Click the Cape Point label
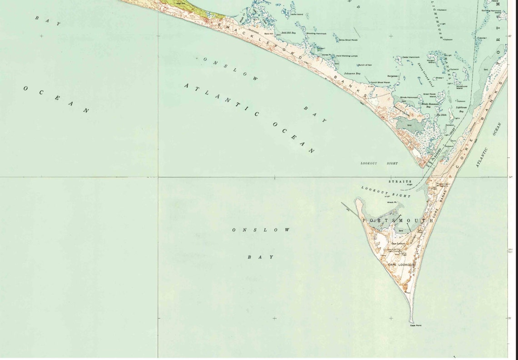click(415, 325)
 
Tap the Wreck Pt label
click(392, 202)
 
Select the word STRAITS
click(400, 181)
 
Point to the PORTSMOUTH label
click(398, 220)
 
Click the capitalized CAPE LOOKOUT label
click(401, 264)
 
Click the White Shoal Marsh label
click(348, 40)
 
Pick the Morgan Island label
click(431, 61)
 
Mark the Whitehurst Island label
click(462, 87)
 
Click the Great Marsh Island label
click(429, 95)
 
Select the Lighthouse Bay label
click(461, 109)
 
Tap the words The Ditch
click(442, 115)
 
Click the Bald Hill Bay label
click(289, 33)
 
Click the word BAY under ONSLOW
click(261, 257)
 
